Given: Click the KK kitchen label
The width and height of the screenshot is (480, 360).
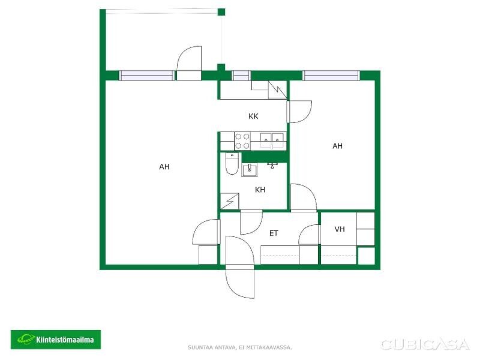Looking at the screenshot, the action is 253,116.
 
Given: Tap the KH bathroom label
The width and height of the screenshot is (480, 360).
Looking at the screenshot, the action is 260,190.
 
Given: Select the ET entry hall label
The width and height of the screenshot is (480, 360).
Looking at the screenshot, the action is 274,233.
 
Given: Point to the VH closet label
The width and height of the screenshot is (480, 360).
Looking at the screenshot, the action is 340,229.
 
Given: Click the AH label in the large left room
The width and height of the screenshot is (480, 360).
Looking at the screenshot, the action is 164,167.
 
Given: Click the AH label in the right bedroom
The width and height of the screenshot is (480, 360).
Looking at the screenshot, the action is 337,146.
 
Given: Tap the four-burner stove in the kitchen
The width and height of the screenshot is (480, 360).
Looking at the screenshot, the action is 242,141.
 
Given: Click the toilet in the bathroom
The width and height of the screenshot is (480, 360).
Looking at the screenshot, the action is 232,163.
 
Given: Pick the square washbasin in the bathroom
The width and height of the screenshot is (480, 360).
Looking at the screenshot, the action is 250,170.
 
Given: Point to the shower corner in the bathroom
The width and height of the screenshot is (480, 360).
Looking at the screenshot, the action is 230,201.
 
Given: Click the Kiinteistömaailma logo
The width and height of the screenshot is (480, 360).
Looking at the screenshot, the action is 56,340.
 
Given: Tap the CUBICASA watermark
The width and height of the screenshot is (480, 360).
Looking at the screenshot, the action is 425,344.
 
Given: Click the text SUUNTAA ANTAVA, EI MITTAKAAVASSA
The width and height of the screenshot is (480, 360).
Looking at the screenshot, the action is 239,347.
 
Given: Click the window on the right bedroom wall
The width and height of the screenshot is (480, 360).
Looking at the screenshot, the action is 331,76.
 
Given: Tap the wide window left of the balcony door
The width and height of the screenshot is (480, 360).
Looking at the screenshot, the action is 147,76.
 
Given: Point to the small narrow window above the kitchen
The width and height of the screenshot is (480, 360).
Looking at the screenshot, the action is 241,76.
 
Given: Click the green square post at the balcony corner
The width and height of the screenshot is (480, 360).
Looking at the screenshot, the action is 221,12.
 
